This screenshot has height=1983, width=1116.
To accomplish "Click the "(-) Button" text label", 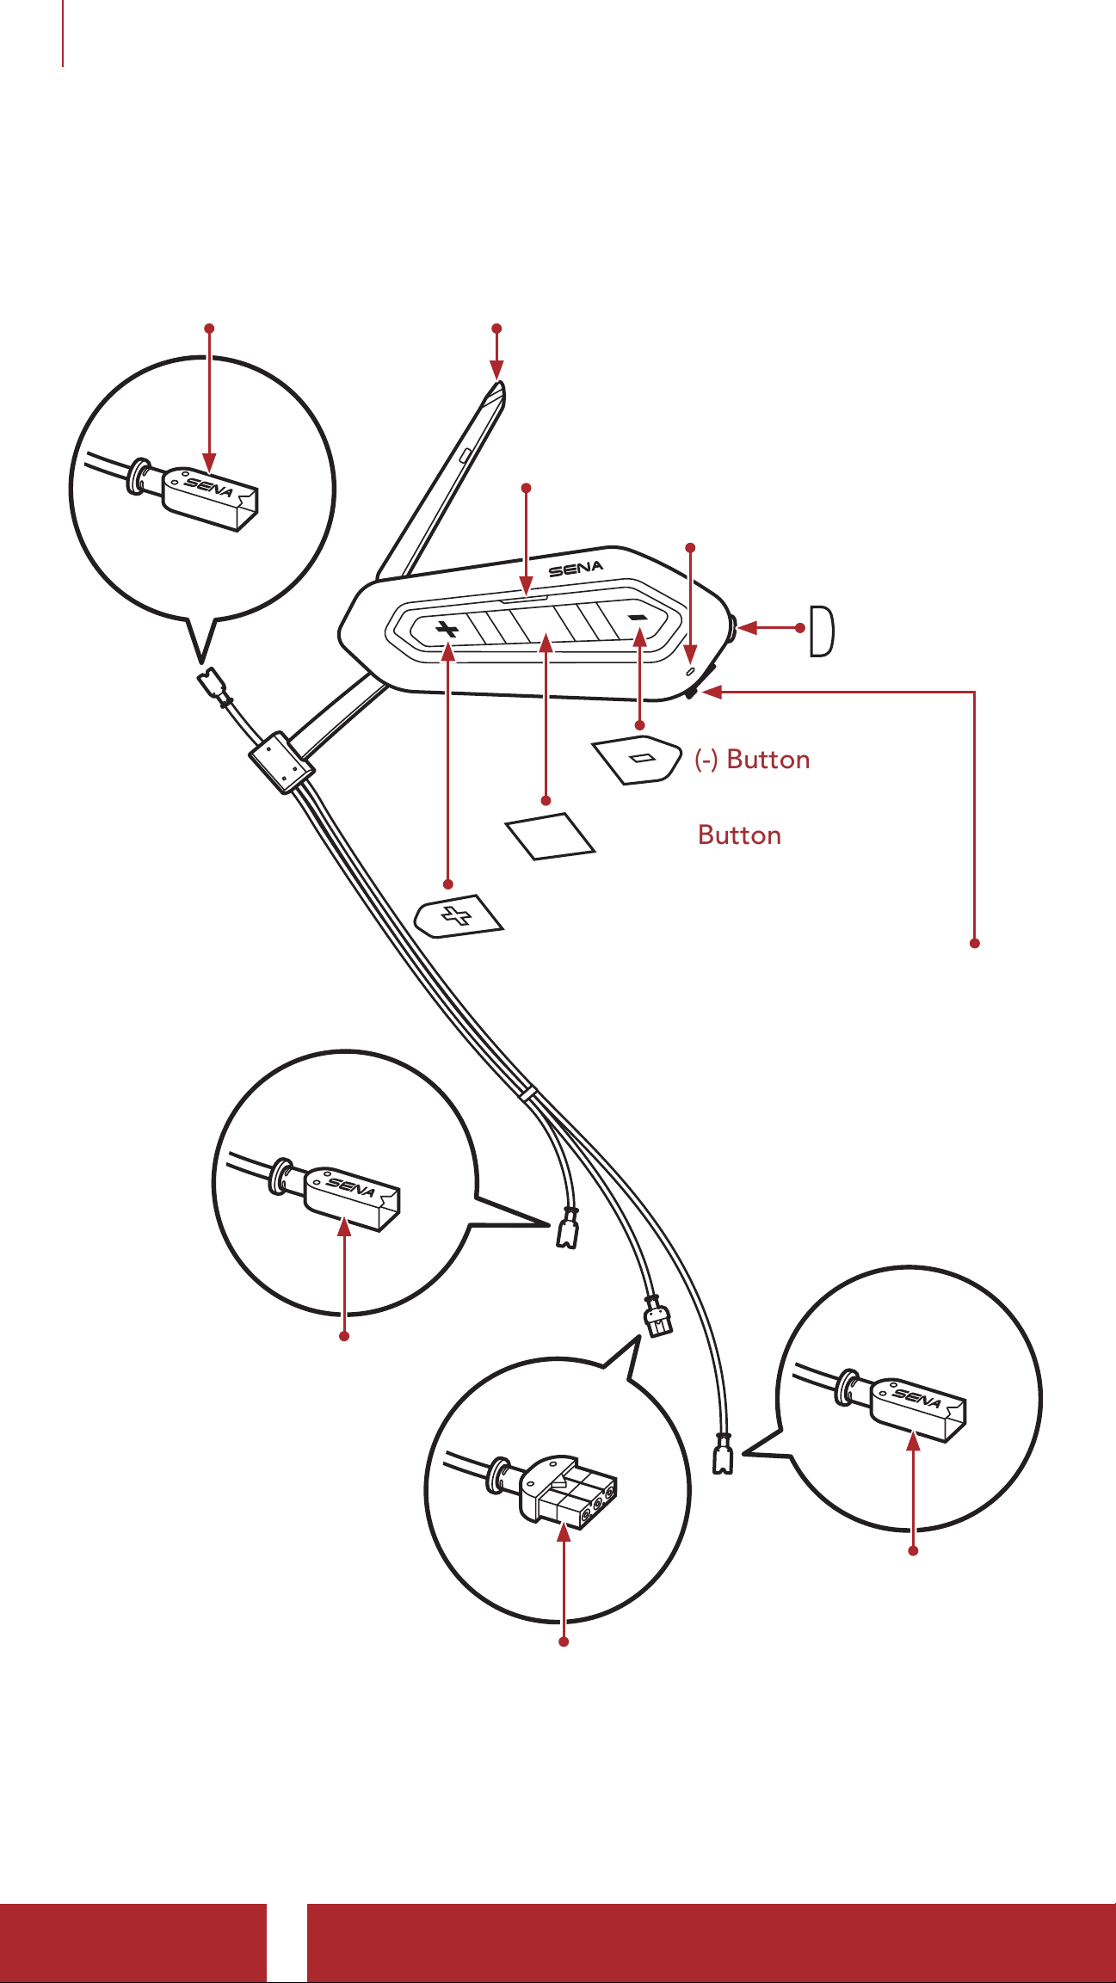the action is (752, 760).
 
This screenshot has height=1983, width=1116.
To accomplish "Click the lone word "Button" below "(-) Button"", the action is (739, 835).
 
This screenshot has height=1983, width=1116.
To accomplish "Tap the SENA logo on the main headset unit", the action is (576, 569).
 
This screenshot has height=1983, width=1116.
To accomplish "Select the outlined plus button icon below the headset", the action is (459, 916).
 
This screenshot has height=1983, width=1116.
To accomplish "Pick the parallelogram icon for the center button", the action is (551, 835).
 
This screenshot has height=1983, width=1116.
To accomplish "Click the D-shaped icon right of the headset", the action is (822, 631).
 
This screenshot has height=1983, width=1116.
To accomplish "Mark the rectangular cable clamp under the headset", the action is (281, 762).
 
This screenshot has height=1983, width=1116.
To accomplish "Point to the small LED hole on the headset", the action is (691, 670).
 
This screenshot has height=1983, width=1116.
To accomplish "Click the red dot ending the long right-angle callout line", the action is (975, 944).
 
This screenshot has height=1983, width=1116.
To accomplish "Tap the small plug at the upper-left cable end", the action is (212, 688).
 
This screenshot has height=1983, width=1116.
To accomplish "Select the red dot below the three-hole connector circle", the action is (564, 1642).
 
